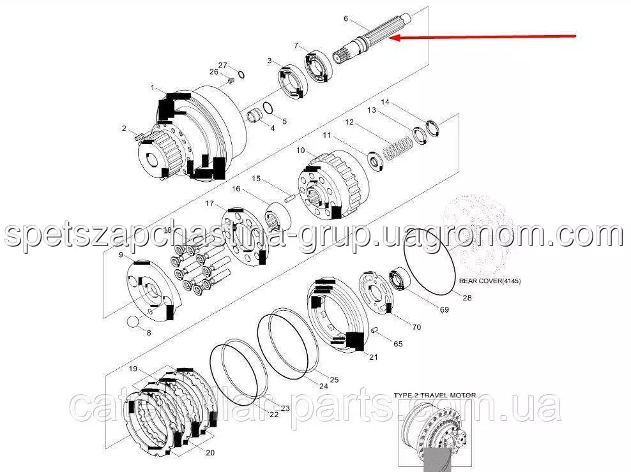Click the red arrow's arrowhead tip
click(x=390, y=38)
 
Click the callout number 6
click(x=346, y=18)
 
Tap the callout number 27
click(x=222, y=65)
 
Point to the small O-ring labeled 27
click(x=241, y=75)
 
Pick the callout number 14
click(x=385, y=101)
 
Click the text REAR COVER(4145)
click(x=490, y=281)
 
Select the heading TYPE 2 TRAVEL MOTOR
click(x=435, y=395)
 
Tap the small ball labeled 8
click(x=132, y=321)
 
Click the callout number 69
click(x=445, y=309)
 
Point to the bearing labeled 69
click(x=400, y=278)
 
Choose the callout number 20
click(x=210, y=453)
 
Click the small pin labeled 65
click(x=375, y=330)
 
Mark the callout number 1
click(x=153, y=87)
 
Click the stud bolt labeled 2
click(x=139, y=138)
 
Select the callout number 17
click(x=209, y=203)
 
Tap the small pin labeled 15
click(x=290, y=198)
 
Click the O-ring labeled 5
click(x=268, y=108)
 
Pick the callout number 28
click(x=467, y=298)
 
